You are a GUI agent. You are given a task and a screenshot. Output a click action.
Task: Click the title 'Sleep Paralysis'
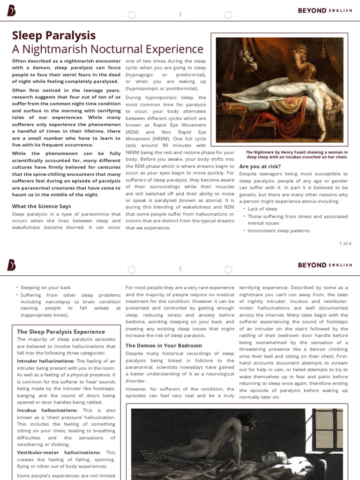pyautogui.click(x=54, y=36)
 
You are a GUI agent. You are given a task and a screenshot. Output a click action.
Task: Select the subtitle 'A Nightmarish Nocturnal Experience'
pyautogui.click(x=107, y=49)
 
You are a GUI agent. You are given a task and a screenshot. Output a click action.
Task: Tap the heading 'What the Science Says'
pyautogui.click(x=42, y=206)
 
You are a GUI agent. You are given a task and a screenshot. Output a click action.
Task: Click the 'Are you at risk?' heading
pyautogui.click(x=260, y=166)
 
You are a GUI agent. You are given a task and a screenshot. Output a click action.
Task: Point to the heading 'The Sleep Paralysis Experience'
pyautogui.click(x=61, y=331)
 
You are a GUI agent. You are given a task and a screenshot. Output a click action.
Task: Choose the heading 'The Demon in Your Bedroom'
pyautogui.click(x=164, y=345)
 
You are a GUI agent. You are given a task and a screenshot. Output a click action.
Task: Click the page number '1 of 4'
pyautogui.click(x=345, y=243)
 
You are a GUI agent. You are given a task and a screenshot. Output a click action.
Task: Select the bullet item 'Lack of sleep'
pyautogui.click(x=262, y=209)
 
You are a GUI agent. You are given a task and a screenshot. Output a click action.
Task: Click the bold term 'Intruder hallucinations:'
pyautogui.click(x=45, y=361)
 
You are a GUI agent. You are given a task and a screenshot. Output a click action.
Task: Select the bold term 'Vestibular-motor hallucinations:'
pyautogui.click(x=59, y=452)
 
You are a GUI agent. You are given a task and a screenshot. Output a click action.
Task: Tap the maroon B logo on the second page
pyautogui.click(x=11, y=265)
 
